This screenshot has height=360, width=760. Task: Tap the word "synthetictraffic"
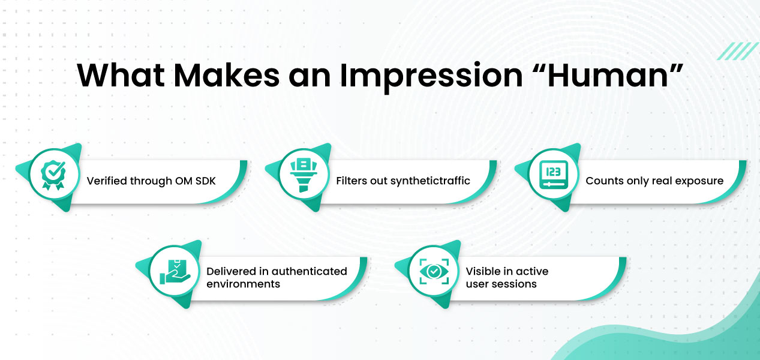pos(430,181)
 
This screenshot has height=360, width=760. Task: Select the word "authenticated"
pos(307,271)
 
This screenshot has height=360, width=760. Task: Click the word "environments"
pos(243,284)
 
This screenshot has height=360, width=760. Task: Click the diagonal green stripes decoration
pos(737,51)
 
